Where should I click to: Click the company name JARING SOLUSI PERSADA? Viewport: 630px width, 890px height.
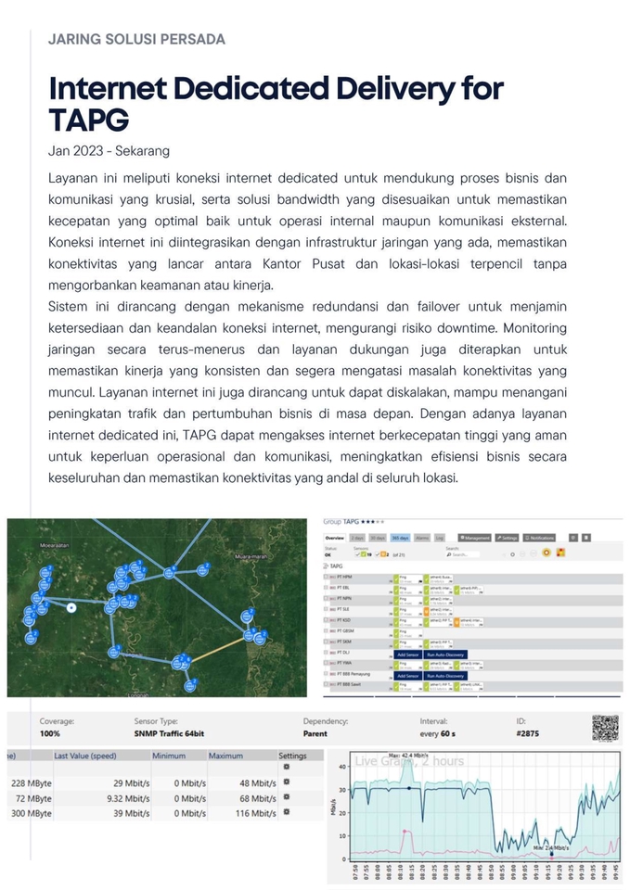pyautogui.click(x=136, y=39)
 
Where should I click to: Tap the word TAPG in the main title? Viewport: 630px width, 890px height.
pyautogui.click(x=88, y=120)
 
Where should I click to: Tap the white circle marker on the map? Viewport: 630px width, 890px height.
pyautogui.click(x=71, y=607)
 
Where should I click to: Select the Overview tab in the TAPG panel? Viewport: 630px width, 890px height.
pyautogui.click(x=334, y=538)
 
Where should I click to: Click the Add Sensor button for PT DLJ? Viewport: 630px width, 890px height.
pyautogui.click(x=407, y=654)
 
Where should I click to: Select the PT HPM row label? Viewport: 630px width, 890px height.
pyautogui.click(x=344, y=577)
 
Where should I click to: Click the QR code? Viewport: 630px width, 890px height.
pyautogui.click(x=605, y=728)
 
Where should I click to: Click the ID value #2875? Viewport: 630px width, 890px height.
pyautogui.click(x=527, y=733)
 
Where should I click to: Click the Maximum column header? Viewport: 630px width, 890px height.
pyautogui.click(x=225, y=756)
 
